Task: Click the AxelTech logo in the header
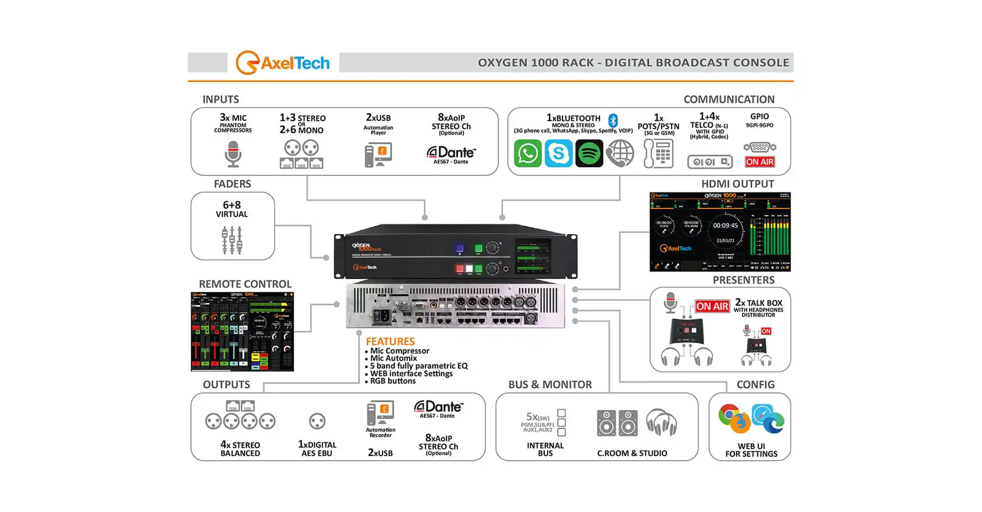point(282,63)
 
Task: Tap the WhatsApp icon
point(527,153)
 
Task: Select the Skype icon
point(558,153)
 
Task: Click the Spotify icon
point(589,153)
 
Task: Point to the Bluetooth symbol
point(613,121)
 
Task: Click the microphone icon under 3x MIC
point(233,154)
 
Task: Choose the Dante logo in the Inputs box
point(451,153)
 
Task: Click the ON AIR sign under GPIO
point(760,162)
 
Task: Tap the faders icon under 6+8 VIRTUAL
point(232,240)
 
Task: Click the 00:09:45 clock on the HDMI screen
point(725,226)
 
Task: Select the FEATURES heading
point(390,341)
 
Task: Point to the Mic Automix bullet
point(393,358)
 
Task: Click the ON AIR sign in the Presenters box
point(712,306)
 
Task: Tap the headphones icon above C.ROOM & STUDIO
point(661,422)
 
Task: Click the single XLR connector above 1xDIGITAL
point(317,421)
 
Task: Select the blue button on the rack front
point(459,248)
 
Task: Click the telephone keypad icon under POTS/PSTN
point(658,154)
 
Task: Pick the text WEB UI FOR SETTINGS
point(751,450)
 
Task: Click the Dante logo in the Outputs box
point(438,407)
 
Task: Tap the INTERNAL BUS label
point(545,449)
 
